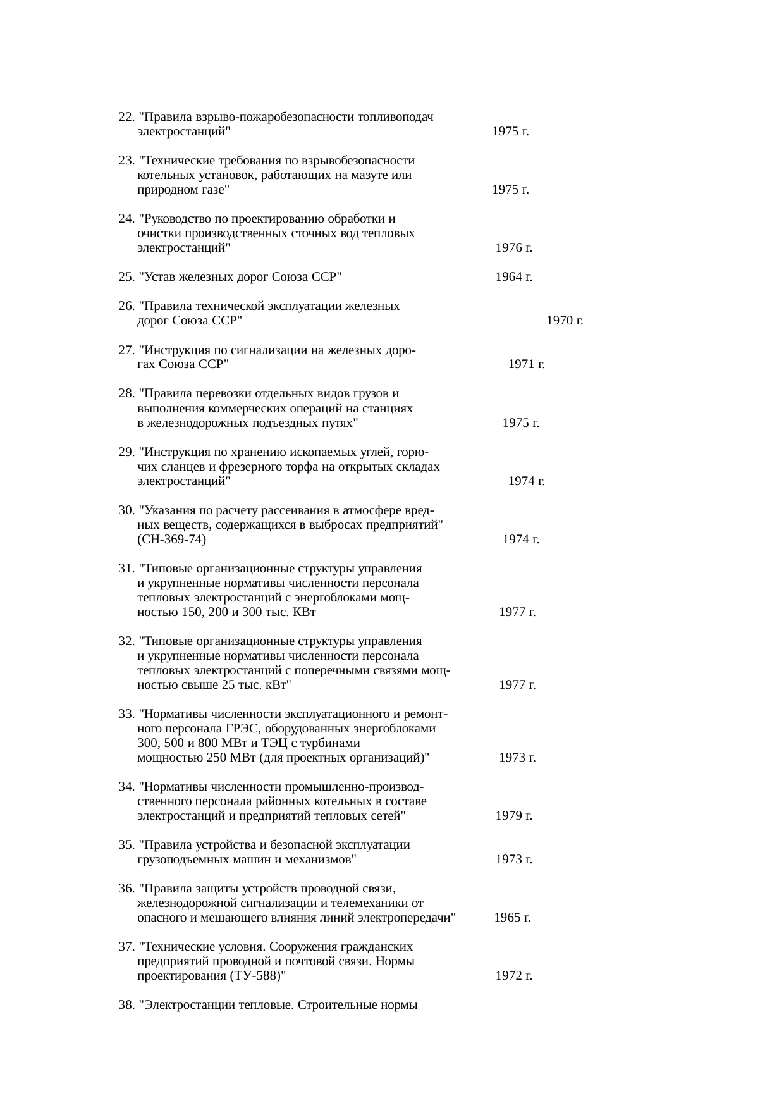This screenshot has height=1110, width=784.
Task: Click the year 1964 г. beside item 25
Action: coord(513,277)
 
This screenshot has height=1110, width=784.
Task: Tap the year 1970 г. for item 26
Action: coord(565,321)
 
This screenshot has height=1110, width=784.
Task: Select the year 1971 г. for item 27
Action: coord(527,364)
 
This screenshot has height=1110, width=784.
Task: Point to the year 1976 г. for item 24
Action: coord(513,248)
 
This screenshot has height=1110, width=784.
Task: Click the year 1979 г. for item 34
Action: coord(513,816)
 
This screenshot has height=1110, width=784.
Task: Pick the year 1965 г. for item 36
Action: coord(512,918)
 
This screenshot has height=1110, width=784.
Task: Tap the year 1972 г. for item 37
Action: coord(513,976)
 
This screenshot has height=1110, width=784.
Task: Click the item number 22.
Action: coord(126,117)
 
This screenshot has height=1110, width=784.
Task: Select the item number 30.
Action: coord(126,510)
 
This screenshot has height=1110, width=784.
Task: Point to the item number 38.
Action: coord(126,1005)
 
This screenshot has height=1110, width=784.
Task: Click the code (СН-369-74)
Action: coord(171,540)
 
